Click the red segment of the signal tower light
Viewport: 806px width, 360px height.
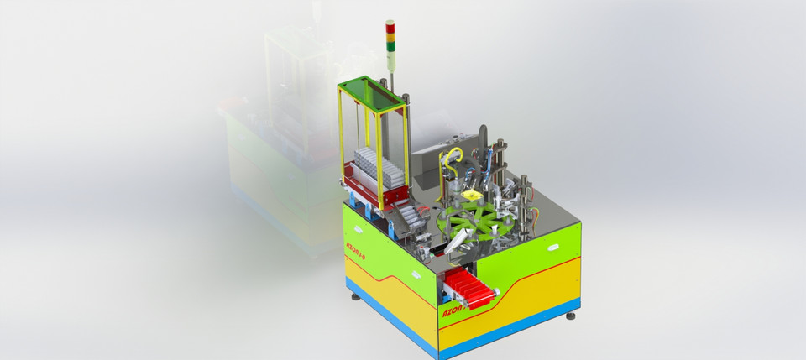(390, 25)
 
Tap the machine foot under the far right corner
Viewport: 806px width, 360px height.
(571, 316)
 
